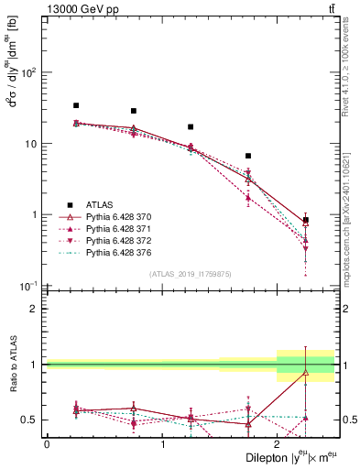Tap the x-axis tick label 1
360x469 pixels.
(x=162, y=444)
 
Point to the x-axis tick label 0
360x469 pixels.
(x=47, y=444)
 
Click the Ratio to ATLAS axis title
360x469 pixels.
(x=12, y=365)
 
